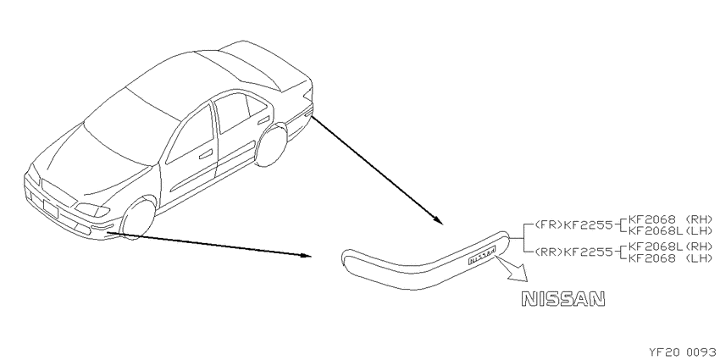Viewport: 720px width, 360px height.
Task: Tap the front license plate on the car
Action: pyautogui.click(x=50, y=208)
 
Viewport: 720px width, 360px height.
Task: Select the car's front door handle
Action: pyautogui.click(x=206, y=153)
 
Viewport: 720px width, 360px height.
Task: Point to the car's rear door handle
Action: pyautogui.click(x=263, y=120)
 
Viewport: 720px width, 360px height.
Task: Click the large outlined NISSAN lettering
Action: pyautogui.click(x=563, y=299)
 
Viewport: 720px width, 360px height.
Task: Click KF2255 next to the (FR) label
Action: pyautogui.click(x=588, y=225)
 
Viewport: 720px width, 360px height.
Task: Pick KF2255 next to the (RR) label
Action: pyautogui.click(x=588, y=252)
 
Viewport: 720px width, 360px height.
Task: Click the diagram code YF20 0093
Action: pyautogui.click(x=684, y=352)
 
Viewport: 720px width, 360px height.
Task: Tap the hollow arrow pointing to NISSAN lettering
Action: pyautogui.click(x=511, y=269)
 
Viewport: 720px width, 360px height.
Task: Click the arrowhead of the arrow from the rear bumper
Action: pyautogui.click(x=438, y=220)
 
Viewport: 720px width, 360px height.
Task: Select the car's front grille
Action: pyautogui.click(x=58, y=193)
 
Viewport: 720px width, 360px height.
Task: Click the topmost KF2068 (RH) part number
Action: pyautogui.click(x=670, y=219)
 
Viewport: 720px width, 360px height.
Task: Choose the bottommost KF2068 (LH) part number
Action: pyautogui.click(x=670, y=258)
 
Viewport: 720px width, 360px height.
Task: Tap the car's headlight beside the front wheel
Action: pyautogui.click(x=92, y=210)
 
